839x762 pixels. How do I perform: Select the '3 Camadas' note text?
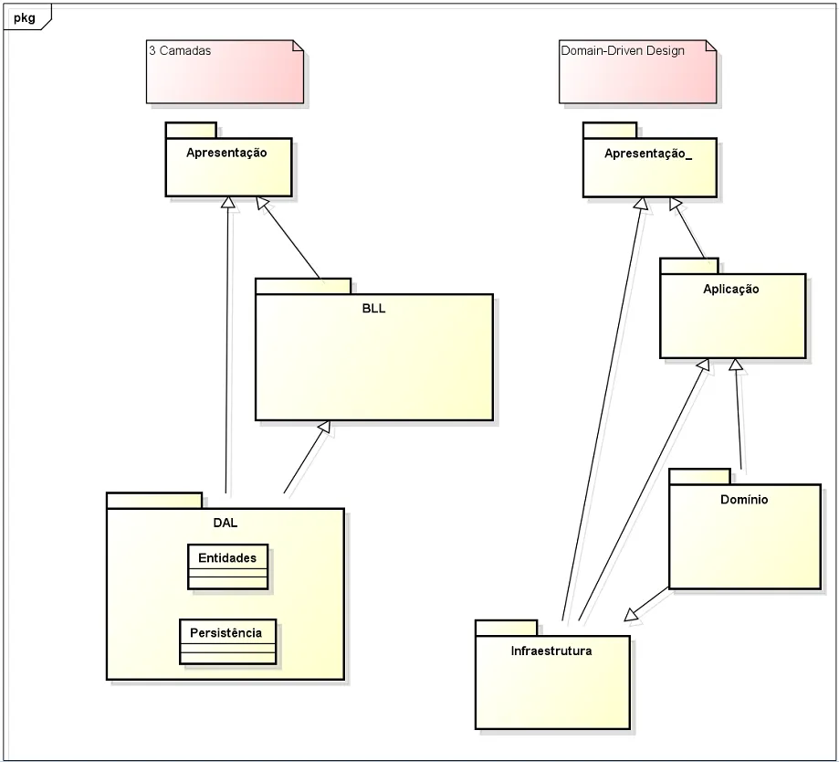pos(180,51)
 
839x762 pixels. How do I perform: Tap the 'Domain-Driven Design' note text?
pos(622,51)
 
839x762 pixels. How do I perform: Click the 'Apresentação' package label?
pos(226,153)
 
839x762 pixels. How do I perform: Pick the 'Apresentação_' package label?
pos(648,153)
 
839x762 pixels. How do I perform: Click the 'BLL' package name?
pos(373,308)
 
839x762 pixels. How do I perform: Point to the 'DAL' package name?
pos(225,524)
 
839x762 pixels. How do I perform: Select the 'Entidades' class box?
pos(228,557)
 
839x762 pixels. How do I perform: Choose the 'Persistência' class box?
pos(226,632)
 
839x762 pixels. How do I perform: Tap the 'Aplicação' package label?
pos(731,289)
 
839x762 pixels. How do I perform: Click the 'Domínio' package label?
pos(744,500)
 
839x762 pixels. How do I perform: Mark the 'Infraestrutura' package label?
pos(551,651)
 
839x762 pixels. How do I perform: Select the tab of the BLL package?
pos(303,286)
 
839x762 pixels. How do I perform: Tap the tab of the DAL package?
pos(154,500)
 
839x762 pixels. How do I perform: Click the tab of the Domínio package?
pos(699,476)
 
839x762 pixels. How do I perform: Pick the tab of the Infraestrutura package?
pos(506,627)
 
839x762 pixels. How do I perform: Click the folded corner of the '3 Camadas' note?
pos(297,46)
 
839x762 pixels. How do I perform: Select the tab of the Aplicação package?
pos(689,266)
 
